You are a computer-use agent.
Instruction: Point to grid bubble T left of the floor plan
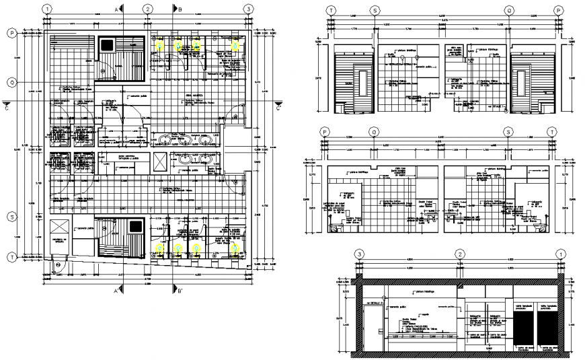(11, 256)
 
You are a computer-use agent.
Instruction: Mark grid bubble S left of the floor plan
(11, 217)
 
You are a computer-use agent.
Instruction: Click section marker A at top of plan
(116, 9)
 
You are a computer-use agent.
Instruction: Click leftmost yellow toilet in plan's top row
(161, 44)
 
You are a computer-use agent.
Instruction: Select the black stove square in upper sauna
(108, 44)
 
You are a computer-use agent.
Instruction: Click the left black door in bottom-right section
(523, 326)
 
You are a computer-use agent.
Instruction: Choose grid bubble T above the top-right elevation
(331, 10)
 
